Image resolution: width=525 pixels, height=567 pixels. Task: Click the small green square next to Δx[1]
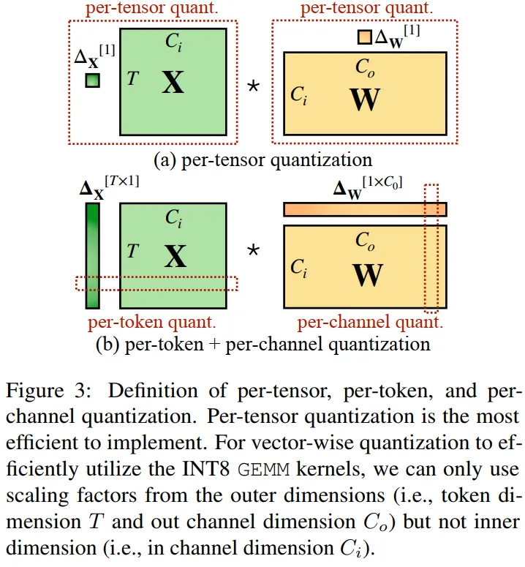click(92, 80)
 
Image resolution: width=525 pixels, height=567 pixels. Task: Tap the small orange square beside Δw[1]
click(364, 37)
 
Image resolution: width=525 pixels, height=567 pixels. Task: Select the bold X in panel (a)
click(173, 83)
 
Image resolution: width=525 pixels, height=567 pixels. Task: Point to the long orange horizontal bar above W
click(364, 209)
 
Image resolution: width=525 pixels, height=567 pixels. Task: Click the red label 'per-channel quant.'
click(369, 321)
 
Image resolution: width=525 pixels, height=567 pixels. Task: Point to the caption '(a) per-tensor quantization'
click(262, 159)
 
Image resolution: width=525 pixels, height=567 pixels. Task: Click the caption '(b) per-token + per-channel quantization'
click(262, 343)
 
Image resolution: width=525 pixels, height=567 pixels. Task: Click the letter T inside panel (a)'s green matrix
click(132, 78)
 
